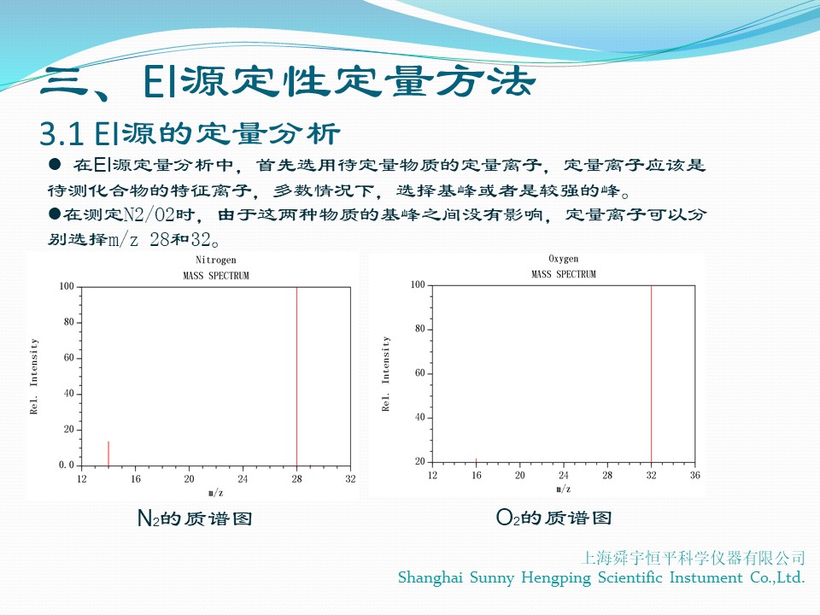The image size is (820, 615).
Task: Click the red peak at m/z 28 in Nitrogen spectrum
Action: click(x=296, y=376)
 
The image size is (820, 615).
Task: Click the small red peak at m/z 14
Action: click(x=108, y=454)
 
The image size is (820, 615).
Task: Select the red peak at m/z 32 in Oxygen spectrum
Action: click(x=651, y=374)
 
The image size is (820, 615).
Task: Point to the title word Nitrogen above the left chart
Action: click(x=215, y=260)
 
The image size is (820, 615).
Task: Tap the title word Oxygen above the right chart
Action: click(x=563, y=258)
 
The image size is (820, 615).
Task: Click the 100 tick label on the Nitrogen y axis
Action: click(x=67, y=287)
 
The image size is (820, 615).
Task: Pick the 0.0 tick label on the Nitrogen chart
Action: click(x=67, y=465)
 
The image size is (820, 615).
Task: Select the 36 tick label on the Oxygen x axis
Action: click(x=694, y=475)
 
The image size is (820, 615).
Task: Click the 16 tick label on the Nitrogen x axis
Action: click(x=136, y=478)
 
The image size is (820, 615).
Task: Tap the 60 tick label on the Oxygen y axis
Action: click(x=420, y=373)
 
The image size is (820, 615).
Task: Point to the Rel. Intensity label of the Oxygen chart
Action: click(x=385, y=374)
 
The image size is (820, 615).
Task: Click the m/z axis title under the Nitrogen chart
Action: click(x=215, y=492)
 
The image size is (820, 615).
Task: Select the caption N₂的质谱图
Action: click(x=195, y=518)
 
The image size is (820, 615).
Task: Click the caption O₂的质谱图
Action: click(x=553, y=518)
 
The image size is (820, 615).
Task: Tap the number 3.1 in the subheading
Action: click(x=61, y=134)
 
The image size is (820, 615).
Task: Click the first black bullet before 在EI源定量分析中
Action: click(x=55, y=165)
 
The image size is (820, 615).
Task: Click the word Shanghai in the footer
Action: click(x=430, y=578)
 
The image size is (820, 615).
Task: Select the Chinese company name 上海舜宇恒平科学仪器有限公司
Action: click(x=693, y=558)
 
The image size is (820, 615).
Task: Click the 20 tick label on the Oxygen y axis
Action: click(x=420, y=461)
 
